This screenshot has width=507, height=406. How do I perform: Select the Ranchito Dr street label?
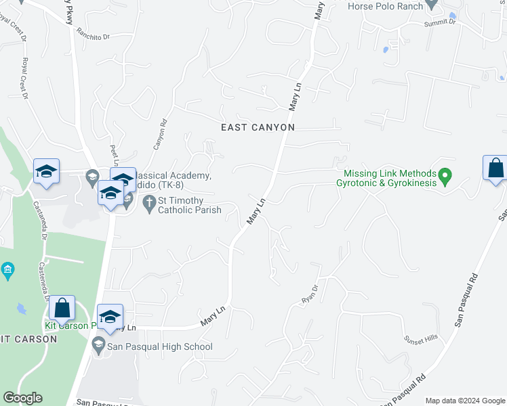[x=93, y=32]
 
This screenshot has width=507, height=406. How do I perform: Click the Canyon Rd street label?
[x=159, y=135]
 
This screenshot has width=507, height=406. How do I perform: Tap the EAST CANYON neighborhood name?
[x=258, y=127]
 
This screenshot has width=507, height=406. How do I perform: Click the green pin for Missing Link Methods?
[x=445, y=178]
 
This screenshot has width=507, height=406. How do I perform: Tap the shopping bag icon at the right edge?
[x=495, y=168]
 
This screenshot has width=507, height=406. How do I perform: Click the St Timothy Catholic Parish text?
[x=190, y=205]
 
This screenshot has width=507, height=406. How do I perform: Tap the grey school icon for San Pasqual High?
[x=98, y=346]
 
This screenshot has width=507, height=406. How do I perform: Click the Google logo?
[x=23, y=398]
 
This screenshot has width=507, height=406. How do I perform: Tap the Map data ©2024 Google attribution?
[x=465, y=401]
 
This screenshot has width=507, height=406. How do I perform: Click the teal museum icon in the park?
[x=7, y=271]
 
